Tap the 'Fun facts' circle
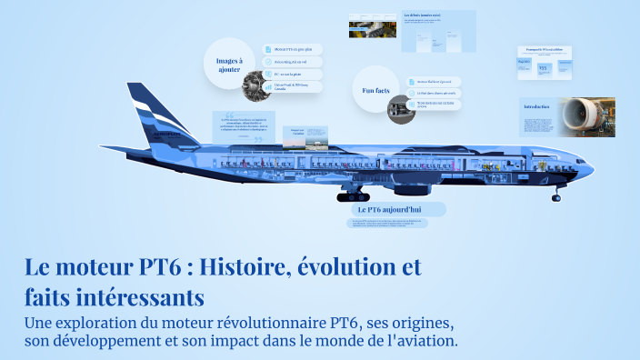pos(375,90)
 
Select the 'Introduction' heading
pos(536,107)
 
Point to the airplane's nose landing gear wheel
pos(556,196)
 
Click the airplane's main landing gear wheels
pos(353,195)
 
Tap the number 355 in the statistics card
pos(543,67)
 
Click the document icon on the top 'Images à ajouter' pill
pos(268,49)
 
